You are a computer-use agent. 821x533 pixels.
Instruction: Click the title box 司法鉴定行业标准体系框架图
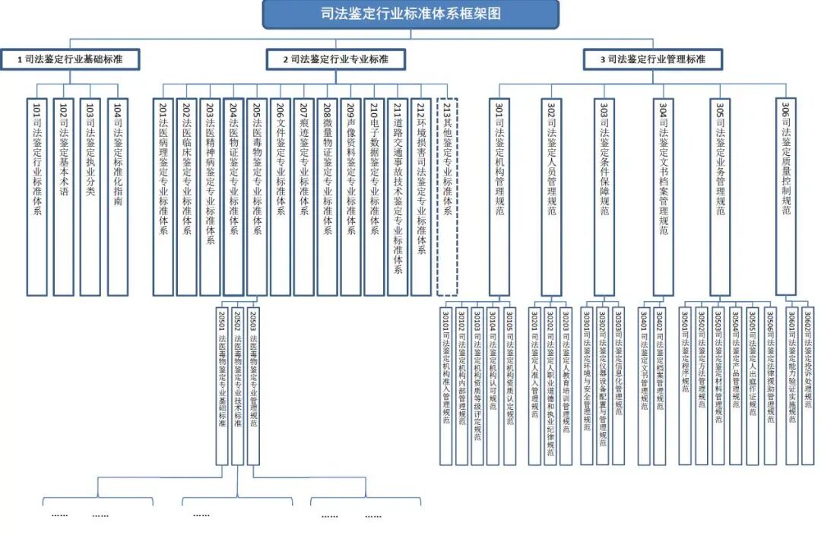click(410, 14)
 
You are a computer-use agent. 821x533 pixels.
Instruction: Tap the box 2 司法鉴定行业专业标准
click(335, 59)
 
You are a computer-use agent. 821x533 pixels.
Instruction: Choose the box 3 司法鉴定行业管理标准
click(652, 59)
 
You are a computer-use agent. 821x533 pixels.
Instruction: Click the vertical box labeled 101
click(36, 196)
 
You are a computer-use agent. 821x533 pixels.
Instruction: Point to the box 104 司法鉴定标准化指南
click(117, 196)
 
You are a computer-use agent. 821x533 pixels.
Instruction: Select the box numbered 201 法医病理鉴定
click(163, 196)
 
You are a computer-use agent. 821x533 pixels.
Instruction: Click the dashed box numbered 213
click(447, 196)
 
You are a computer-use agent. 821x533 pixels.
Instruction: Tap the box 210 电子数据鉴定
click(374, 196)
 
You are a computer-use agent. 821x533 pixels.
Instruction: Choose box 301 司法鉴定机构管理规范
click(499, 196)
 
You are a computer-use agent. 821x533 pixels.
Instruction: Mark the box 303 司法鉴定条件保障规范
click(604, 196)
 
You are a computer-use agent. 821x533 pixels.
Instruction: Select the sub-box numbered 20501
click(222, 384)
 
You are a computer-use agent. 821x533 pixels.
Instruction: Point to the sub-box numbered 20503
click(254, 384)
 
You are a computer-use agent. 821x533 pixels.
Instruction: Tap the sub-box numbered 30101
click(445, 384)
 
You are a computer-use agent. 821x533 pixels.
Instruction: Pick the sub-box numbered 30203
click(566, 384)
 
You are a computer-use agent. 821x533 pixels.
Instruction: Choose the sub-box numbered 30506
click(770, 384)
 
